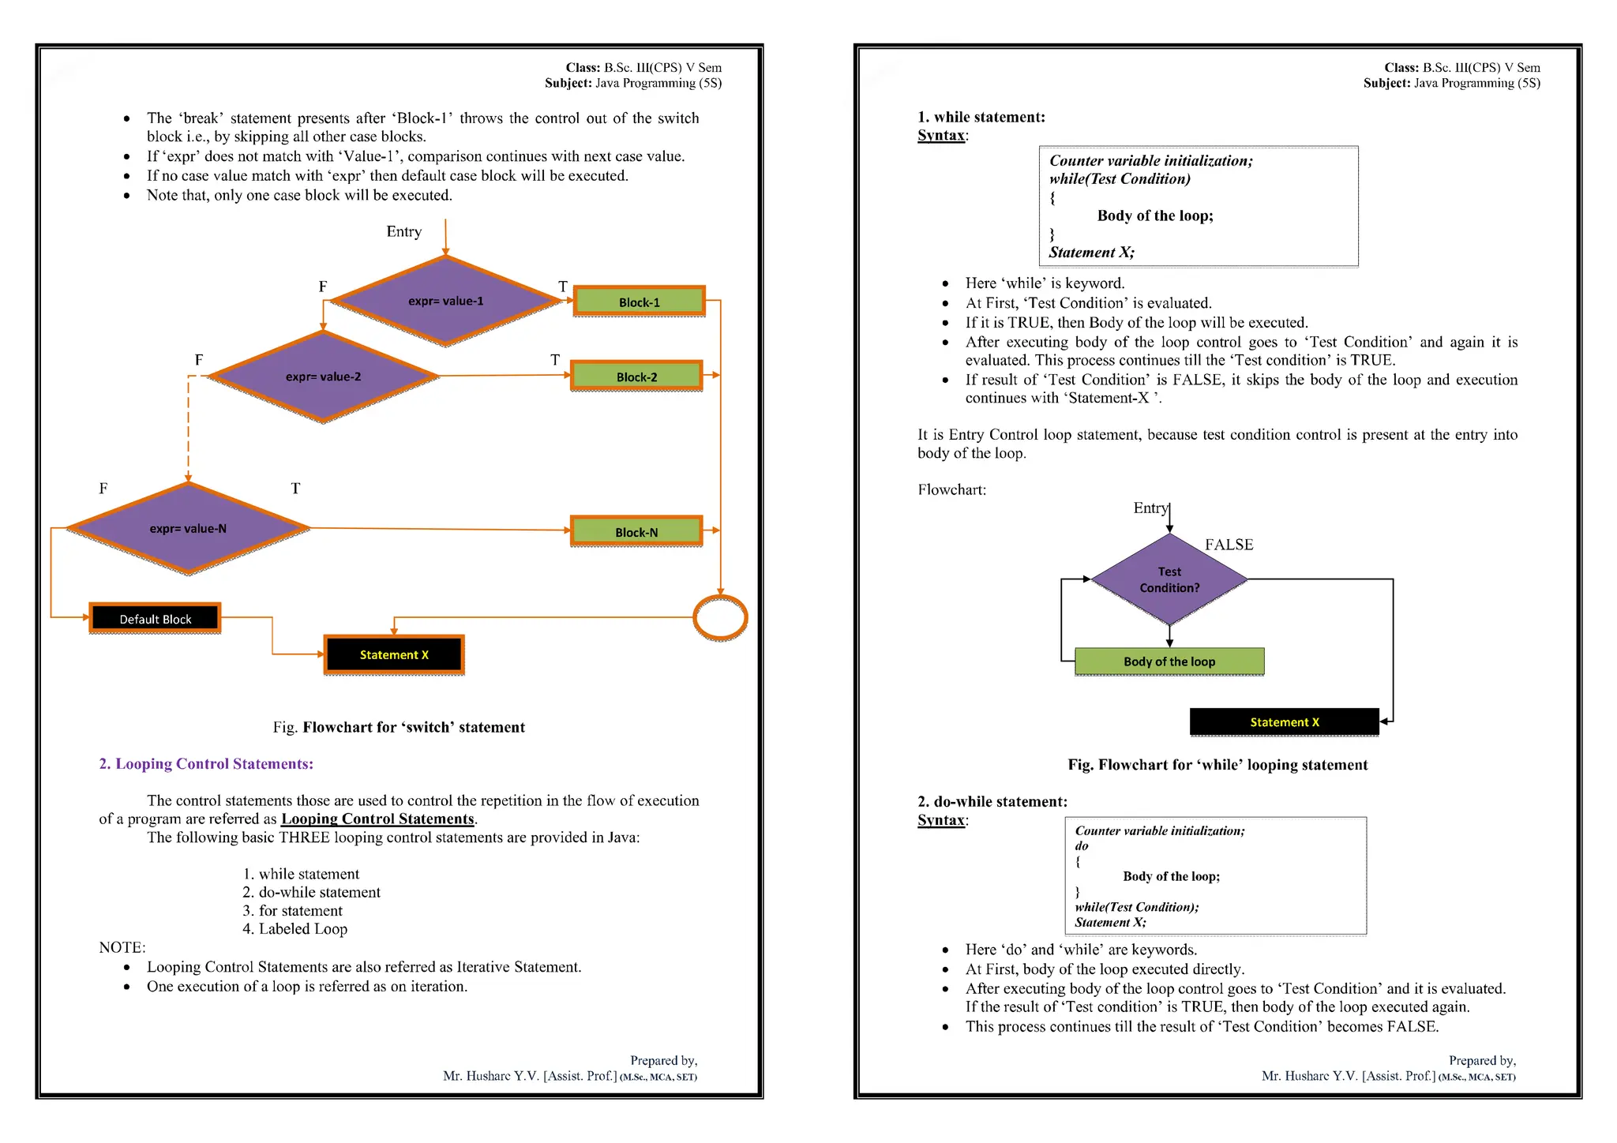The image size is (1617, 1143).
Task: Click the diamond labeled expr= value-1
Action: click(x=446, y=301)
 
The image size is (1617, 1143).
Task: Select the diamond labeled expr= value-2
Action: click(x=323, y=377)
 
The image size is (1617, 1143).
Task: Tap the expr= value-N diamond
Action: click(x=188, y=528)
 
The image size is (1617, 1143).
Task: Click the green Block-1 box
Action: click(x=639, y=302)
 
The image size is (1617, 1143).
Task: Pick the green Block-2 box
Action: click(x=636, y=377)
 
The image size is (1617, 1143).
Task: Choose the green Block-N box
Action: click(x=636, y=531)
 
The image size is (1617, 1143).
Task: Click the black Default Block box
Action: click(x=155, y=619)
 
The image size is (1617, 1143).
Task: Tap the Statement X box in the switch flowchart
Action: click(x=394, y=654)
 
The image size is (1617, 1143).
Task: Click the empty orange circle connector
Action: click(x=720, y=617)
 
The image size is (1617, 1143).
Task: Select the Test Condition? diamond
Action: click(x=1169, y=579)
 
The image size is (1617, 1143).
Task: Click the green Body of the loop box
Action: click(x=1169, y=661)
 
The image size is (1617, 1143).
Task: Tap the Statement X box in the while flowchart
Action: click(x=1285, y=722)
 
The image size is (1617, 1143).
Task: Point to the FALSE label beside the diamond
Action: click(x=1229, y=545)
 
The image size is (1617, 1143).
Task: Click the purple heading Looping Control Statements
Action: click(x=206, y=764)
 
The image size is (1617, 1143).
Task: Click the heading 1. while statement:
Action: click(x=981, y=118)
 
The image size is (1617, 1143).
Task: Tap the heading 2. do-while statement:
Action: click(x=992, y=802)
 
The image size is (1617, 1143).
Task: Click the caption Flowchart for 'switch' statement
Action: click(x=399, y=728)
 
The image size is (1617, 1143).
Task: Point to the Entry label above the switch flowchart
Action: click(x=403, y=231)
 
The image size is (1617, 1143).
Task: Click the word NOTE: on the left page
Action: click(x=122, y=948)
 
